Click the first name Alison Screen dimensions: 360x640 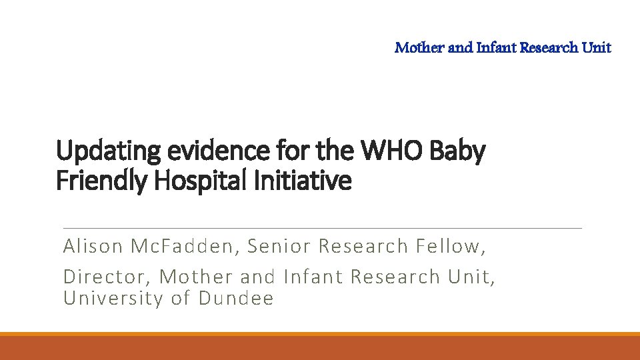tap(93, 247)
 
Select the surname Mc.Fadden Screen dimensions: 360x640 tap(183, 247)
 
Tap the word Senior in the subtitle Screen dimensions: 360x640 tap(279, 247)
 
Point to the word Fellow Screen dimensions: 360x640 tap(451, 247)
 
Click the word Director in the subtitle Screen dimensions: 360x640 tap(107, 276)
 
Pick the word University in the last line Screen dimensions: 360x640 tap(113, 298)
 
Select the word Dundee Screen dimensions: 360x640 tap(236, 298)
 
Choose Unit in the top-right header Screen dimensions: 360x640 tap(596, 47)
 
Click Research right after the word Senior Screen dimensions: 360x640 tap(363, 247)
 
